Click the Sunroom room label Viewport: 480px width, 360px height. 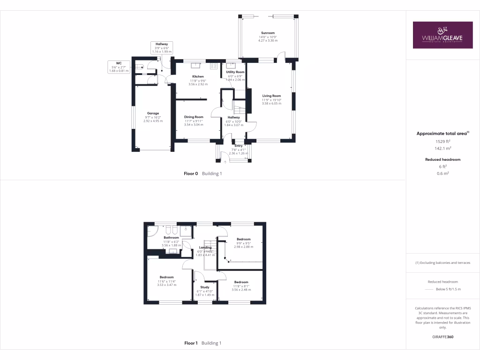click(268, 33)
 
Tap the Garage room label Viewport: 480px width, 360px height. click(153, 113)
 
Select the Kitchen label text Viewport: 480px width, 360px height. click(198, 76)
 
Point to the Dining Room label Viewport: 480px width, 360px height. click(194, 117)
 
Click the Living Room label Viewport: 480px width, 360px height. click(271, 96)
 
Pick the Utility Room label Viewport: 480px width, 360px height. click(236, 72)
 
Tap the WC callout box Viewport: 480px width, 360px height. click(119, 67)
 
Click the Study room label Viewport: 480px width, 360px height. click(204, 287)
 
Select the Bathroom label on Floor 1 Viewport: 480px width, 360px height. click(171, 238)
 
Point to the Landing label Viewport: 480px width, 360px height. click(205, 247)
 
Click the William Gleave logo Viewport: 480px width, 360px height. click(443, 35)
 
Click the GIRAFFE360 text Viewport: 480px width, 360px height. click(443, 337)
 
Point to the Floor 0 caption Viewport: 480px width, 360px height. click(191, 173)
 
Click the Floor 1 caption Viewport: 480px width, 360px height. click(191, 343)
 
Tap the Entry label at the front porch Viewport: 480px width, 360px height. click(238, 146)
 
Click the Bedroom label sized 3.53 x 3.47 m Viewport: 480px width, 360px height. click(166, 277)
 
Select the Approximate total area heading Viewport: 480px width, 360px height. click(442, 134)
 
